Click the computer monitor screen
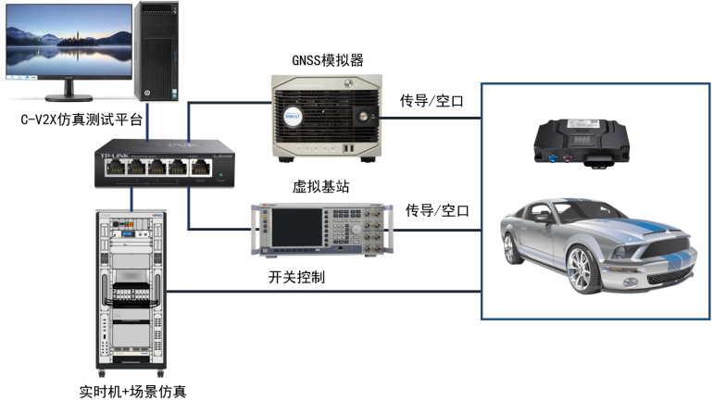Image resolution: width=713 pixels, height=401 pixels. coord(68,44)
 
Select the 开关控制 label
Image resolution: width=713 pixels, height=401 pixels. coord(296,277)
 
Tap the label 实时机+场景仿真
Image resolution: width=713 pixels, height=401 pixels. coord(133,391)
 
